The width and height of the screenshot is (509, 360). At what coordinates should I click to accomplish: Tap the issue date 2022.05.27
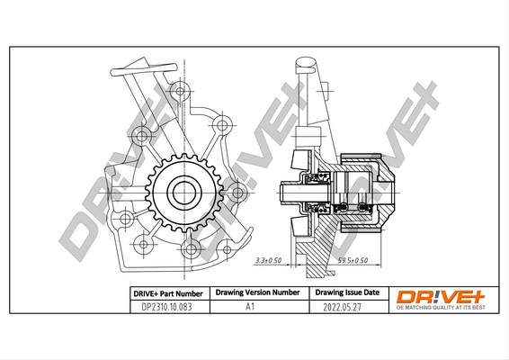pyautogui.click(x=346, y=307)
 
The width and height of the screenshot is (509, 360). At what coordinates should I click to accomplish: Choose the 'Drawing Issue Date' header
pyautogui.click(x=346, y=293)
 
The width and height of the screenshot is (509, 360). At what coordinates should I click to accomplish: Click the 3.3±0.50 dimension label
pyautogui.click(x=268, y=260)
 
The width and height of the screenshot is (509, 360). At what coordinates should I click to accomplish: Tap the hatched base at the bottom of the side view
pyautogui.click(x=315, y=262)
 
